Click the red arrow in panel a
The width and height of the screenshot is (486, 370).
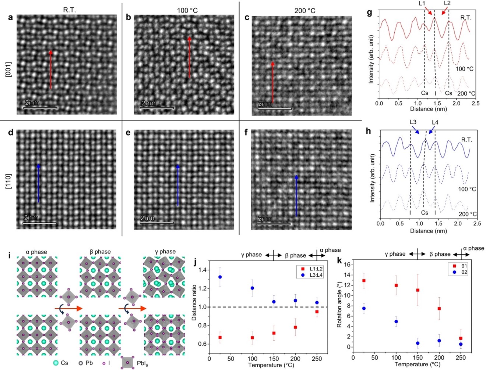coord(51,70)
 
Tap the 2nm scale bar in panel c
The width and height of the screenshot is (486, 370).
coord(275,108)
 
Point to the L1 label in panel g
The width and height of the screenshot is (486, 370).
coord(422,3)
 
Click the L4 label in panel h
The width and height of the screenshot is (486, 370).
coord(435,122)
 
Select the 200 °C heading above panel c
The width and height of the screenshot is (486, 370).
coord(304,11)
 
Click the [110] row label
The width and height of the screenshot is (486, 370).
coord(8,182)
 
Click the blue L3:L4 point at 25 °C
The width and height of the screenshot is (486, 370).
coord(220,277)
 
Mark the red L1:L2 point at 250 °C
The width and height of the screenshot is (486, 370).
coord(317,312)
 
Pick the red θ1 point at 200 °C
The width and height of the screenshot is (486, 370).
coord(439,309)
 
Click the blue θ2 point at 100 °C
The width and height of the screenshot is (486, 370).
coord(396,321)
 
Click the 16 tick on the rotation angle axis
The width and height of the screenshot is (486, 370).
coord(346,264)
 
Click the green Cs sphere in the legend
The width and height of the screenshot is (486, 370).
coord(56,363)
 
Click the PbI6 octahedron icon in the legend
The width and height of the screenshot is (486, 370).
coord(127,363)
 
